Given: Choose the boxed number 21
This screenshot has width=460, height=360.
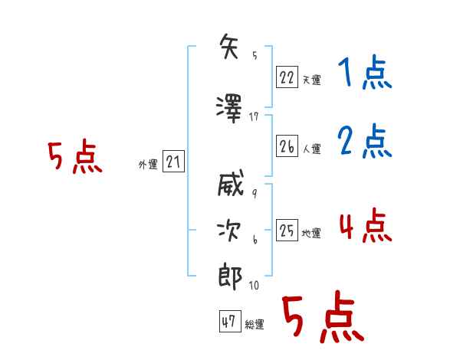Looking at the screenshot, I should pyautogui.click(x=173, y=162).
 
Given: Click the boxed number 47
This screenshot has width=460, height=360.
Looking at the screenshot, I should pyautogui.click(x=228, y=322).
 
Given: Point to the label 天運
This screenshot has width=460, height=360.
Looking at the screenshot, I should pyautogui.click(x=312, y=79).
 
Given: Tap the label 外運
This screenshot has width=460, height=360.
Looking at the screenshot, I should pyautogui.click(x=147, y=164).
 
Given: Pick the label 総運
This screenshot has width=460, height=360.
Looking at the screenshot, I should pyautogui.click(x=255, y=325).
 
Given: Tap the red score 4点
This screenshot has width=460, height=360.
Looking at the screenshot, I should pyautogui.click(x=365, y=226).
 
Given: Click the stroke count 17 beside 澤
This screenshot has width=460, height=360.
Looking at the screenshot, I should pyautogui.click(x=255, y=116).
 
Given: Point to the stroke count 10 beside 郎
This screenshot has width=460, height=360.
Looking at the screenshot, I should pyautogui.click(x=254, y=286).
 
